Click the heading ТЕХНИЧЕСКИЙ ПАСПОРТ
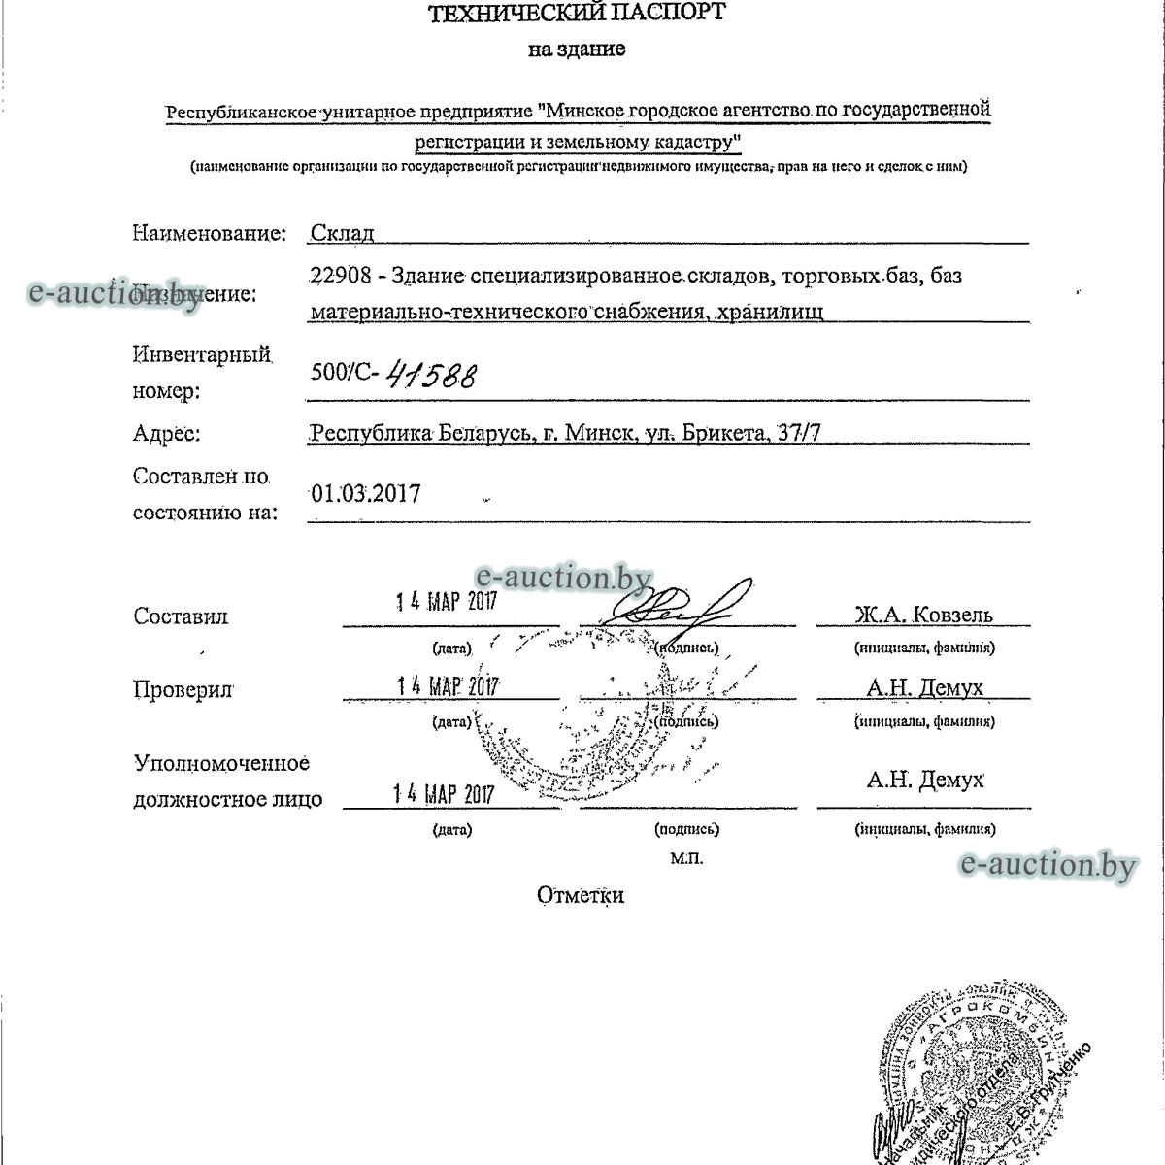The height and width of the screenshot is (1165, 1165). pyautogui.click(x=576, y=13)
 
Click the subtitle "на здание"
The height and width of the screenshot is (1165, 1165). pyautogui.click(x=577, y=50)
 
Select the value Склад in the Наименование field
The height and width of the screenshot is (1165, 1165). pyautogui.click(x=342, y=233)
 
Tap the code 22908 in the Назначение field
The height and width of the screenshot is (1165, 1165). pyautogui.click(x=339, y=276)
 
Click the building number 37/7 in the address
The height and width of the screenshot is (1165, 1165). pyautogui.click(x=797, y=432)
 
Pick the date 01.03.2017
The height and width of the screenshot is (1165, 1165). pyautogui.click(x=366, y=493)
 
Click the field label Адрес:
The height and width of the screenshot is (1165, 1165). pyautogui.click(x=166, y=433)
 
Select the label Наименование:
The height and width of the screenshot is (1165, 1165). pyautogui.click(x=209, y=233)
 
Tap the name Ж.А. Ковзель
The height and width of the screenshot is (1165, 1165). pyautogui.click(x=923, y=615)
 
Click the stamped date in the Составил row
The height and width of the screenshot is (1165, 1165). pyautogui.click(x=447, y=601)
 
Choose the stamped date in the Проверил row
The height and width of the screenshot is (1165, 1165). pyautogui.click(x=448, y=686)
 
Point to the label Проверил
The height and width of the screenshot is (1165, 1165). pyautogui.click(x=183, y=689)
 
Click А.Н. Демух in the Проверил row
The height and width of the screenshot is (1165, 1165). pyautogui.click(x=924, y=688)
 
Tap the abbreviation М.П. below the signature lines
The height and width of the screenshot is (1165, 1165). pyautogui.click(x=685, y=858)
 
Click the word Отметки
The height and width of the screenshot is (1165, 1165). pyautogui.click(x=581, y=895)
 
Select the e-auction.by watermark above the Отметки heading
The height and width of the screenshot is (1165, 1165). pyautogui.click(x=1046, y=864)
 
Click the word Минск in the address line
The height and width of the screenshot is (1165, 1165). pyautogui.click(x=599, y=432)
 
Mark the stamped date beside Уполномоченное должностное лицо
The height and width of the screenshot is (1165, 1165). pyautogui.click(x=444, y=794)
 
